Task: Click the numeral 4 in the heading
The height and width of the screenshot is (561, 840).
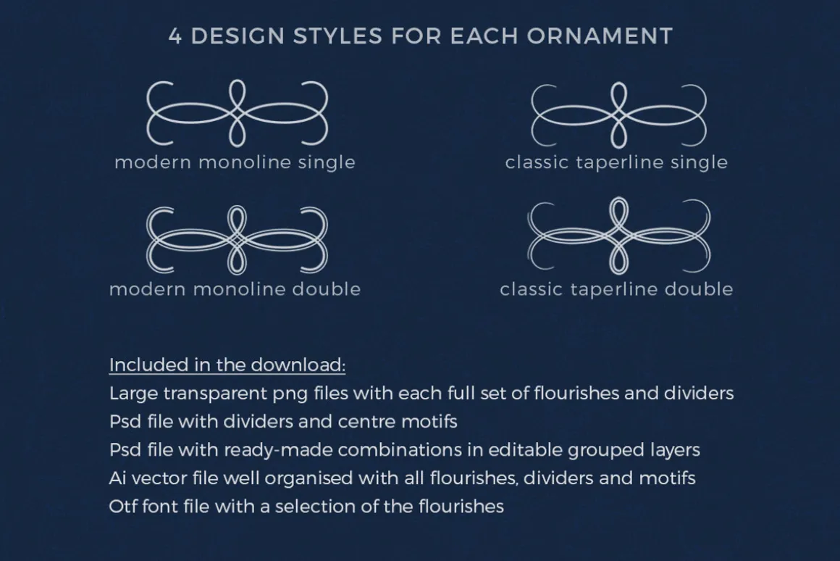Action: (175, 36)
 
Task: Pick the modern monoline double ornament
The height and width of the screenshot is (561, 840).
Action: (238, 240)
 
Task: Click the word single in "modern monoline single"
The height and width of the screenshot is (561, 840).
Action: (327, 162)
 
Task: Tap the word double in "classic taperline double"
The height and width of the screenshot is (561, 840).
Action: (699, 289)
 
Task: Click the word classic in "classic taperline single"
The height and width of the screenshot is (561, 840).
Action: (537, 162)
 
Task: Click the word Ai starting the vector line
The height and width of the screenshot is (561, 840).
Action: (117, 478)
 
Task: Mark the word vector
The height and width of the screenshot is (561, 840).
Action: (156, 478)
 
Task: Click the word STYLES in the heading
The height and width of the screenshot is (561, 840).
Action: (338, 36)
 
